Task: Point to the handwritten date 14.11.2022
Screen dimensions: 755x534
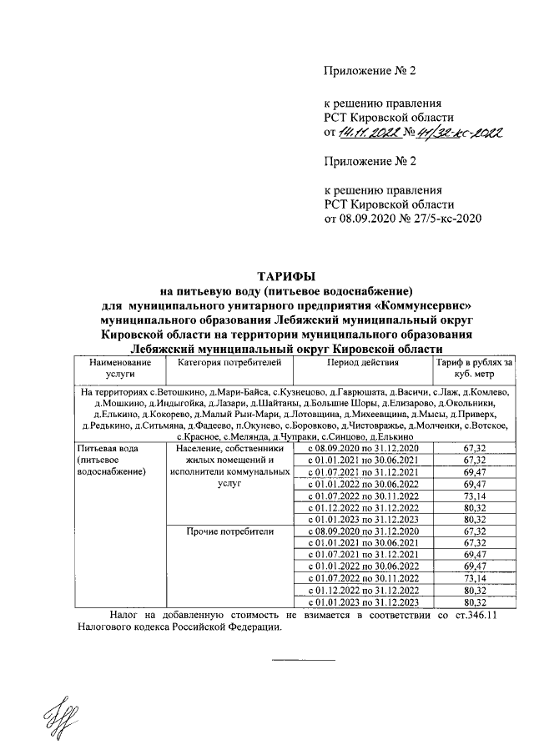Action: tap(368, 133)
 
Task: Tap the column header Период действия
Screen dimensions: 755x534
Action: tap(363, 364)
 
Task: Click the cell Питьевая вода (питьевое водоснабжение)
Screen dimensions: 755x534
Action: tap(111, 460)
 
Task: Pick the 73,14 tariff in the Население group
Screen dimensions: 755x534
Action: tap(474, 496)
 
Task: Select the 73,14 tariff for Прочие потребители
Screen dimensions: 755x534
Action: tap(474, 577)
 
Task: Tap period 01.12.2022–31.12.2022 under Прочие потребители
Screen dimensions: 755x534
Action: tap(364, 589)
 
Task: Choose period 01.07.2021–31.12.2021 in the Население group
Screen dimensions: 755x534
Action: tap(364, 472)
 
